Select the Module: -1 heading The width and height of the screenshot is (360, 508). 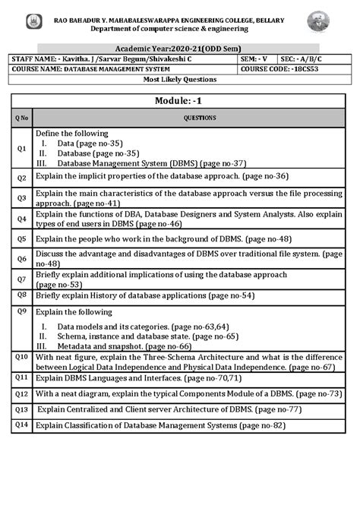[178, 101]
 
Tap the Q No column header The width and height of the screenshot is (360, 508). [22, 118]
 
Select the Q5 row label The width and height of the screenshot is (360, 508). [22, 238]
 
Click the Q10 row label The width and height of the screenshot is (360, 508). [22, 356]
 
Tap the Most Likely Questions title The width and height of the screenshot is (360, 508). [180, 79]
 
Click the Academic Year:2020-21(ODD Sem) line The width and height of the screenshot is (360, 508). [179, 47]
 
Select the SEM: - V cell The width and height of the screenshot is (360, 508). [253, 58]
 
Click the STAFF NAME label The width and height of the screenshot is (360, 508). [34, 58]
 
